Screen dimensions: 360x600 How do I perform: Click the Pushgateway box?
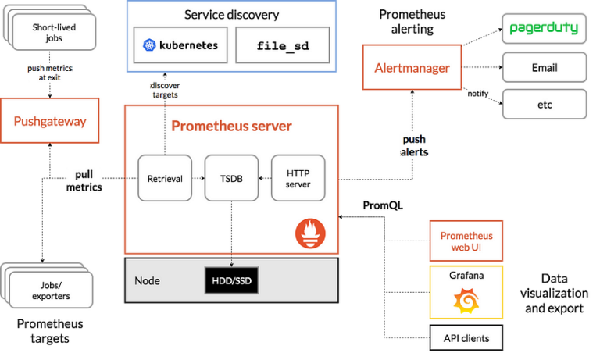pyautogui.click(x=50, y=120)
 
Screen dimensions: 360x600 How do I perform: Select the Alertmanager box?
pyautogui.click(x=412, y=68)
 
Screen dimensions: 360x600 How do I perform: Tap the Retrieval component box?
pyautogui.click(x=165, y=179)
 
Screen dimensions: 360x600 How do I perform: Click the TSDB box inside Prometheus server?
pyautogui.click(x=231, y=179)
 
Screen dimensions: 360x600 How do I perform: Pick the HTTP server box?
pyautogui.click(x=298, y=179)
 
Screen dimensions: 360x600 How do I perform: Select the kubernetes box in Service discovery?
pyautogui.click(x=180, y=45)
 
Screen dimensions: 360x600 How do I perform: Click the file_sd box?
pyautogui.click(x=283, y=45)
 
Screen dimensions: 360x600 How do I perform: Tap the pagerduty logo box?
pyautogui.click(x=544, y=28)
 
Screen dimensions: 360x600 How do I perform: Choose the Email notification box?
pyautogui.click(x=544, y=68)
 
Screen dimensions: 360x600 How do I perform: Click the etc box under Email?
pyautogui.click(x=544, y=105)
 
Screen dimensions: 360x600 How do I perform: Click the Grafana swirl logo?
pyautogui.click(x=466, y=300)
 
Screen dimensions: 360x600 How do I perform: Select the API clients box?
pyautogui.click(x=466, y=338)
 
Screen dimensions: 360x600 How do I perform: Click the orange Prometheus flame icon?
pyautogui.click(x=310, y=233)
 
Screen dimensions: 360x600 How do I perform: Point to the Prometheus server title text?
pyautogui.click(x=231, y=126)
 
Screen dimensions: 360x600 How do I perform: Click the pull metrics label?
pyautogui.click(x=84, y=180)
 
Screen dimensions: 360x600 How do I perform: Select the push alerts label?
pyautogui.click(x=414, y=145)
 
